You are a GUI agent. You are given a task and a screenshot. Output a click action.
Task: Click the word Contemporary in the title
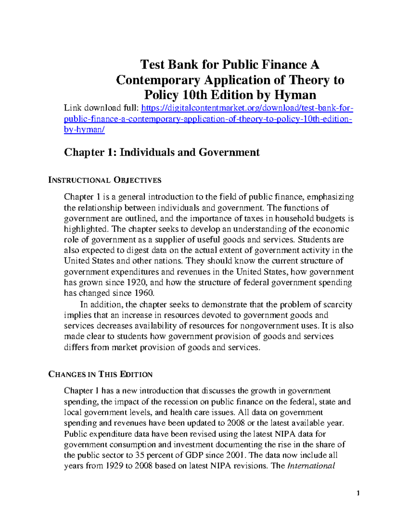tap(158, 80)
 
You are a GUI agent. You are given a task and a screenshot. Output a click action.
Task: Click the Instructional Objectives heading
tap(105, 180)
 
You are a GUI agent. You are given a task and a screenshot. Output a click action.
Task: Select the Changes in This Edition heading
tap(101, 374)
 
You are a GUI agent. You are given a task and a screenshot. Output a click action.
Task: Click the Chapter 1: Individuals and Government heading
tap(162, 152)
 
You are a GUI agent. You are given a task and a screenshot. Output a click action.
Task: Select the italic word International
tap(311, 466)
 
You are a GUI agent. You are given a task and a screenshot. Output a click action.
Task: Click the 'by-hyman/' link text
tap(84, 130)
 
